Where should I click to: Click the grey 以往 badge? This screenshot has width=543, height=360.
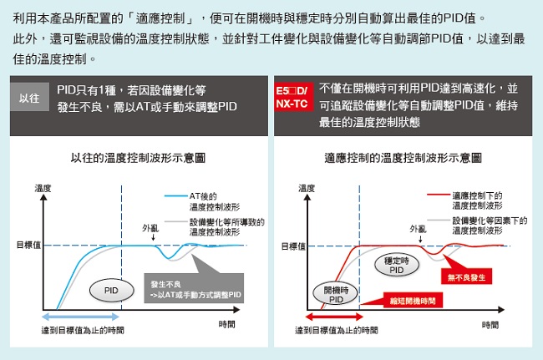coord(28,99)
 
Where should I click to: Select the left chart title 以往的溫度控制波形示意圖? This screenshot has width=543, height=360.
coord(139,157)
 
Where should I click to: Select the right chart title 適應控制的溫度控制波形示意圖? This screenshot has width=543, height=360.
coord(403,157)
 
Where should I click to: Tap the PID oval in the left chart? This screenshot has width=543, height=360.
coord(111,290)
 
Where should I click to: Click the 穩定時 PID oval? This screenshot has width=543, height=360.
coord(397,265)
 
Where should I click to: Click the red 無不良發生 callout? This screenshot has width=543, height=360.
coord(466,276)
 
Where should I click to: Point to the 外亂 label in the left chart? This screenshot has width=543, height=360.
coord(150,226)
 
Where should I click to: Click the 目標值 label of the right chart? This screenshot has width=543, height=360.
coord(292,245)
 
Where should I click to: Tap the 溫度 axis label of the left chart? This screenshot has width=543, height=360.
coord(43,187)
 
